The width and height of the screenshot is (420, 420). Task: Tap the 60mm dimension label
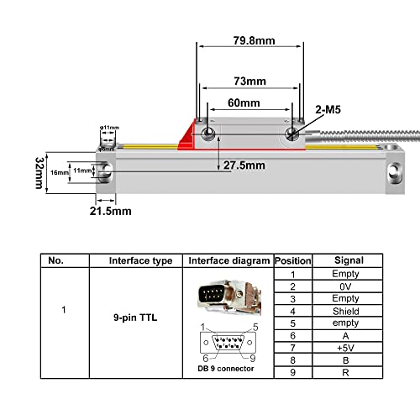[x=243, y=103]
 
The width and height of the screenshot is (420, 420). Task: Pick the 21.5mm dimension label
[x=109, y=212]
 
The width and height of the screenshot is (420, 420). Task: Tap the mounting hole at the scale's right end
[x=392, y=174]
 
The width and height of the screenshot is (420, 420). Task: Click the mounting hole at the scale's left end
[x=105, y=173]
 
